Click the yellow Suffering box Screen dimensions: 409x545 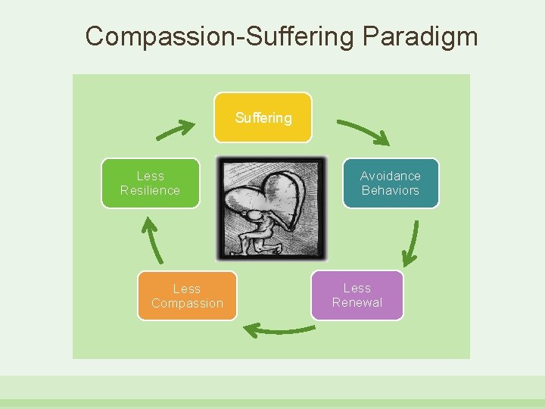263,117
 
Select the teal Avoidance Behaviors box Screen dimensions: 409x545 390,183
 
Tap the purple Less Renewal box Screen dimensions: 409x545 357,295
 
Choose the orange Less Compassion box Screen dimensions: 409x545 187,295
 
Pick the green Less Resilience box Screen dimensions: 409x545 150,183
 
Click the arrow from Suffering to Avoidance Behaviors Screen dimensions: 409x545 363,131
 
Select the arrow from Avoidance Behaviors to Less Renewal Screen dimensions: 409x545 411,244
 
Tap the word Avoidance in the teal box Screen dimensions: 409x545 390,176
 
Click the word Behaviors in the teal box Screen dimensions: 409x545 390,190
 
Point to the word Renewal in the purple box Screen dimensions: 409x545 357,302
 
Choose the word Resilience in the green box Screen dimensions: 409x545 150,190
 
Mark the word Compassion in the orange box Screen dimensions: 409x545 187,303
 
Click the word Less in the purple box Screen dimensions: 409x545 357,288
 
